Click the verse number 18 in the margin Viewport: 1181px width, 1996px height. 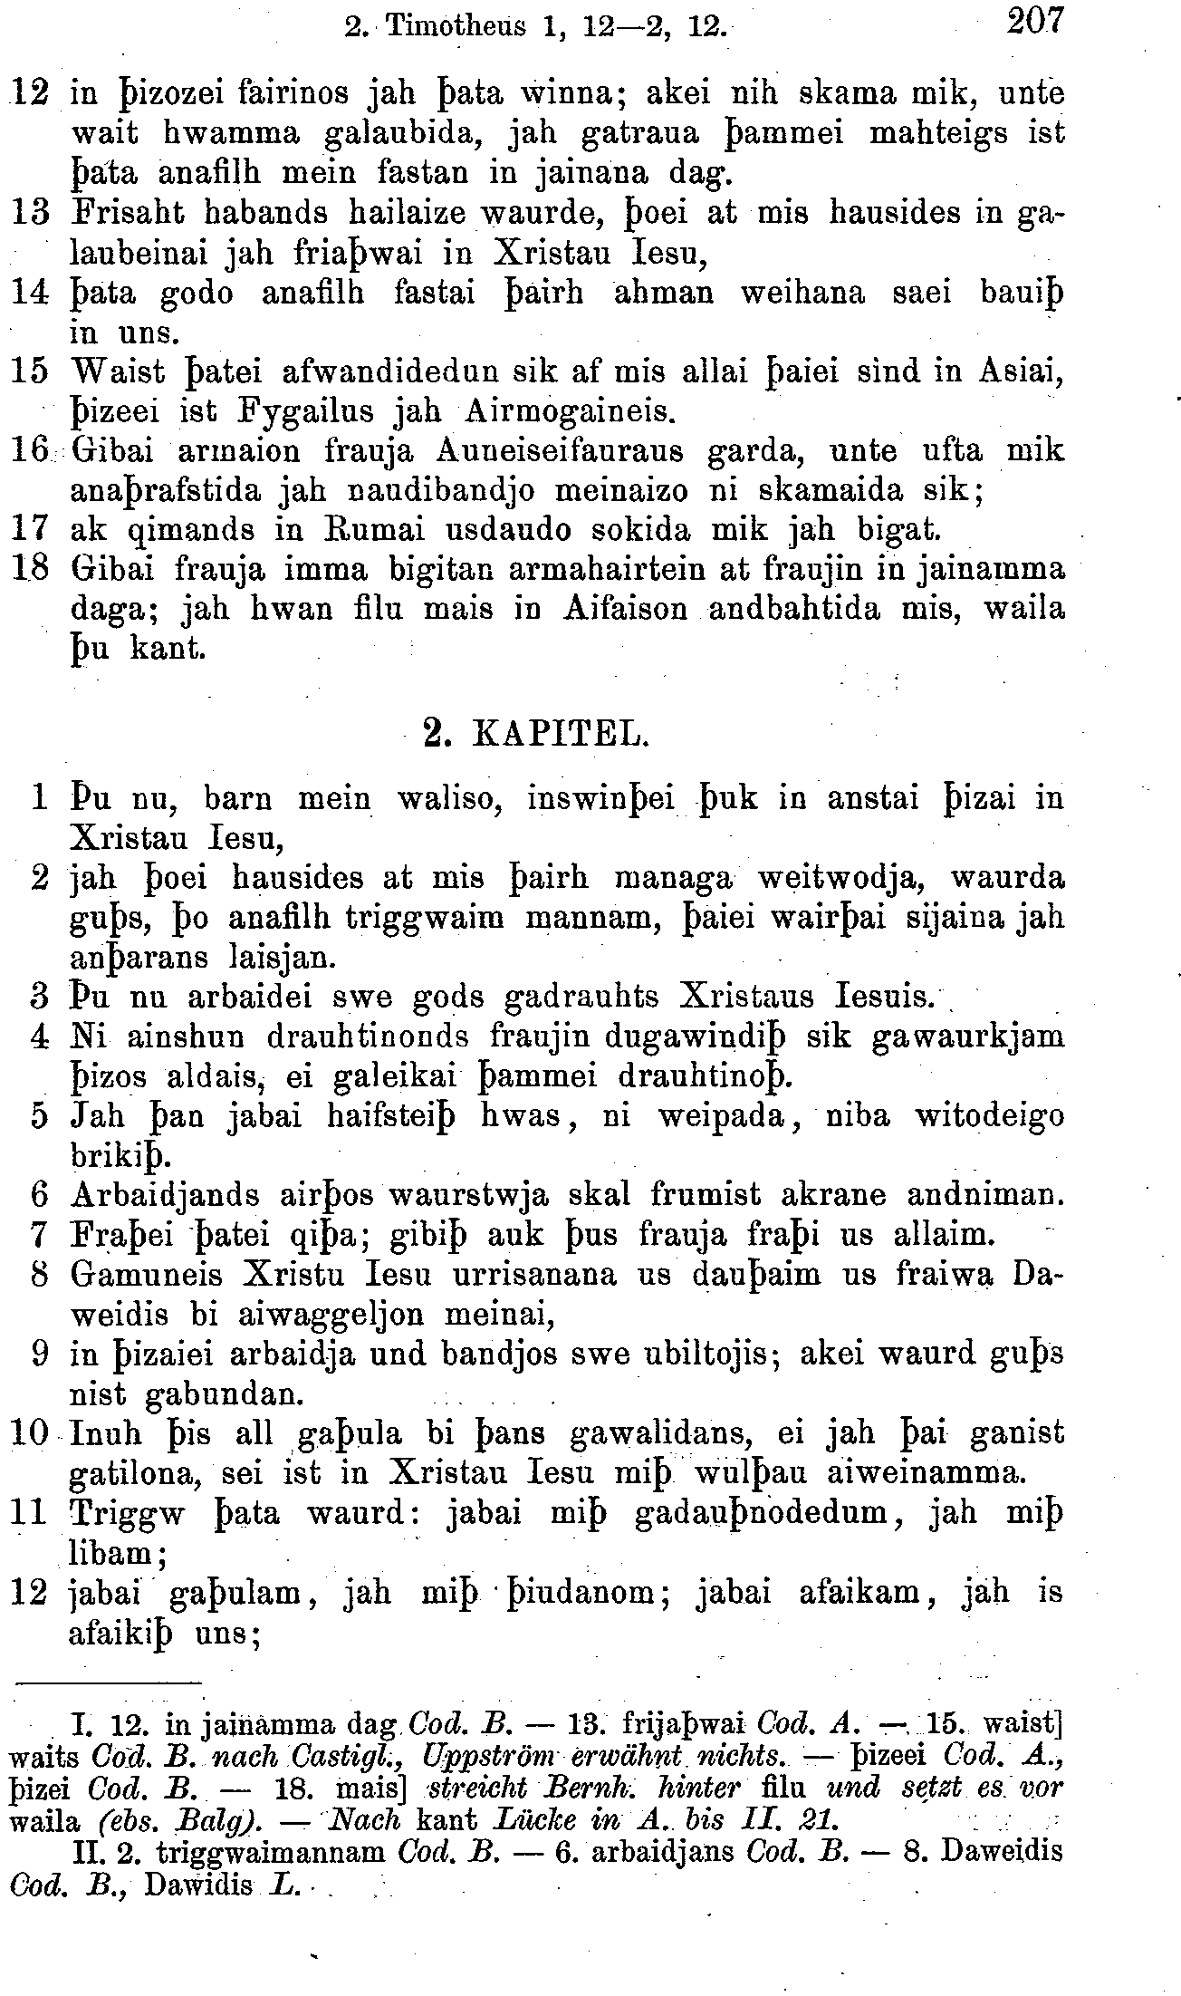tap(32, 570)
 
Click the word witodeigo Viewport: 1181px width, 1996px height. tap(989, 1116)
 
